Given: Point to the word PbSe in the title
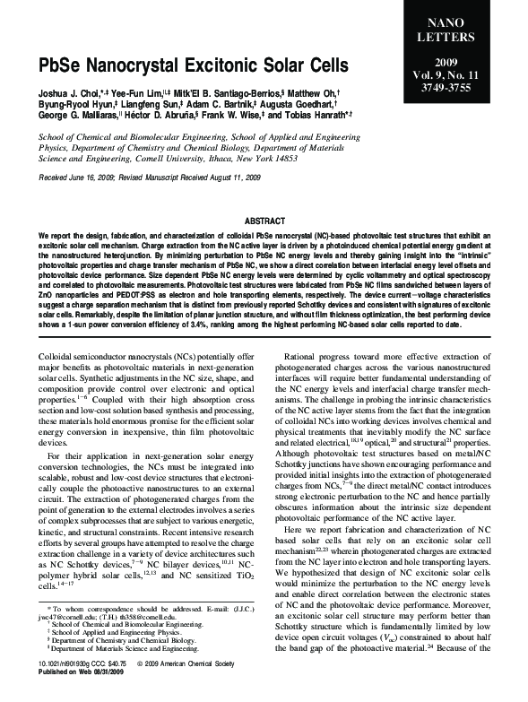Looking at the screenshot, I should (x=60, y=67).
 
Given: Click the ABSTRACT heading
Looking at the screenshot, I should (x=264, y=220).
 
